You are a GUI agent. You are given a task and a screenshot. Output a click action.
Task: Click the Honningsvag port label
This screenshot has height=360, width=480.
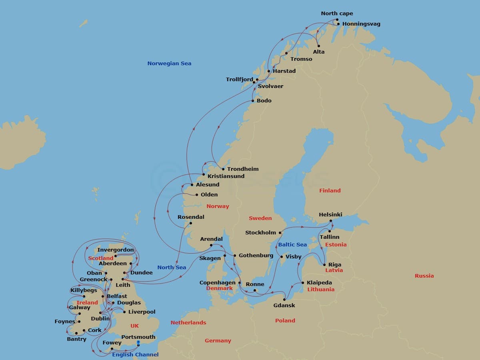(361, 24)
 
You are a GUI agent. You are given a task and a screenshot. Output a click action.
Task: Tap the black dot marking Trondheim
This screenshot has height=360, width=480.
(223, 169)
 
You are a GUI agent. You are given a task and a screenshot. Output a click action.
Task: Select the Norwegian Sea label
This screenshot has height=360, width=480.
(169, 63)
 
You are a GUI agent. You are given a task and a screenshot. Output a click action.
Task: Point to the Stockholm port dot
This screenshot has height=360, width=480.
(280, 233)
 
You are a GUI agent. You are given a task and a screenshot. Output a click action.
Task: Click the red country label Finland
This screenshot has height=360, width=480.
(330, 191)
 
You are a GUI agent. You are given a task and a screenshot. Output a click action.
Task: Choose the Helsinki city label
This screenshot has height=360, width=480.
(330, 215)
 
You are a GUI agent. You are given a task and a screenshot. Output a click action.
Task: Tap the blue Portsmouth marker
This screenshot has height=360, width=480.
(138, 343)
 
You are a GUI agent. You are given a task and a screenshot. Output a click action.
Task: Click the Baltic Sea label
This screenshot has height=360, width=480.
(292, 245)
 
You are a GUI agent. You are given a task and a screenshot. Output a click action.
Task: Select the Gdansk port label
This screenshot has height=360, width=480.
(284, 306)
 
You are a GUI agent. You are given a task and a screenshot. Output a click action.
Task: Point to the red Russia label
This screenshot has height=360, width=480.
(424, 276)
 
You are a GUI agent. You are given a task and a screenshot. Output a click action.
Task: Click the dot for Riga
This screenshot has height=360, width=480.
(324, 264)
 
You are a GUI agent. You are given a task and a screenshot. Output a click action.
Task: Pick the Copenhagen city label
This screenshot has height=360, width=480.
(218, 283)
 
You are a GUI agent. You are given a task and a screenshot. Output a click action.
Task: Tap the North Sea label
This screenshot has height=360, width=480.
(172, 268)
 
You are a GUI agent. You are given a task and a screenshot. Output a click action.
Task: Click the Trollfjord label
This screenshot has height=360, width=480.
(239, 80)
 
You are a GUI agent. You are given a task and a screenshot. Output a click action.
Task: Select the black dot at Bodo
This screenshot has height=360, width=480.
(253, 101)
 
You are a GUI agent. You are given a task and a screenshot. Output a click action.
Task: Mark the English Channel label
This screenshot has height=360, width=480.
(135, 355)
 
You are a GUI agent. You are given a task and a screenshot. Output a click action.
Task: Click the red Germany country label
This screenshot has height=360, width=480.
(218, 341)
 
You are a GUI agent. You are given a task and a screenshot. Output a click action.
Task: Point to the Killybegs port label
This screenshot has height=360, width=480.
(84, 290)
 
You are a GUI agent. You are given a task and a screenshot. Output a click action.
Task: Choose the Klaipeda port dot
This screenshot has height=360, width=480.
(302, 283)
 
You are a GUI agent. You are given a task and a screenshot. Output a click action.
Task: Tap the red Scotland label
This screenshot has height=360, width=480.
(101, 258)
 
